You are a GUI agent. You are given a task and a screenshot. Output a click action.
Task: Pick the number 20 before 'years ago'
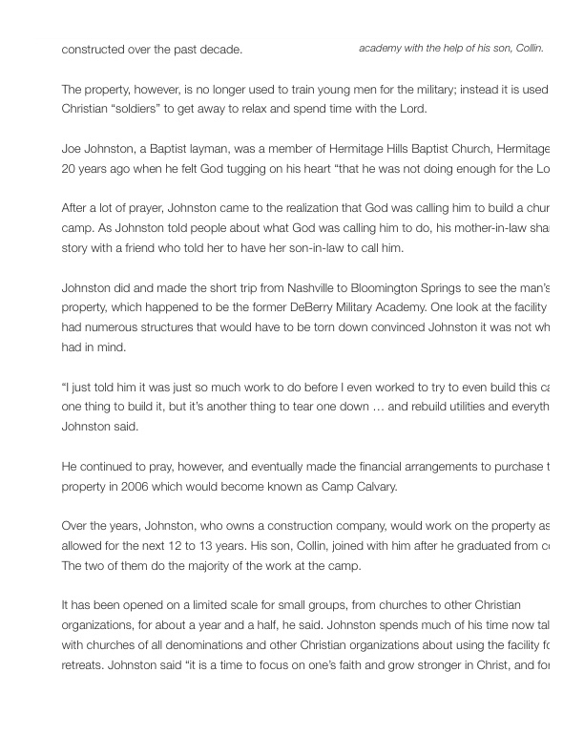point(69,169)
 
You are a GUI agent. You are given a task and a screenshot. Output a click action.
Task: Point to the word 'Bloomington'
point(362,289)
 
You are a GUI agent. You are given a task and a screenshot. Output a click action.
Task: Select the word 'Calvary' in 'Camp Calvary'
point(371,487)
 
